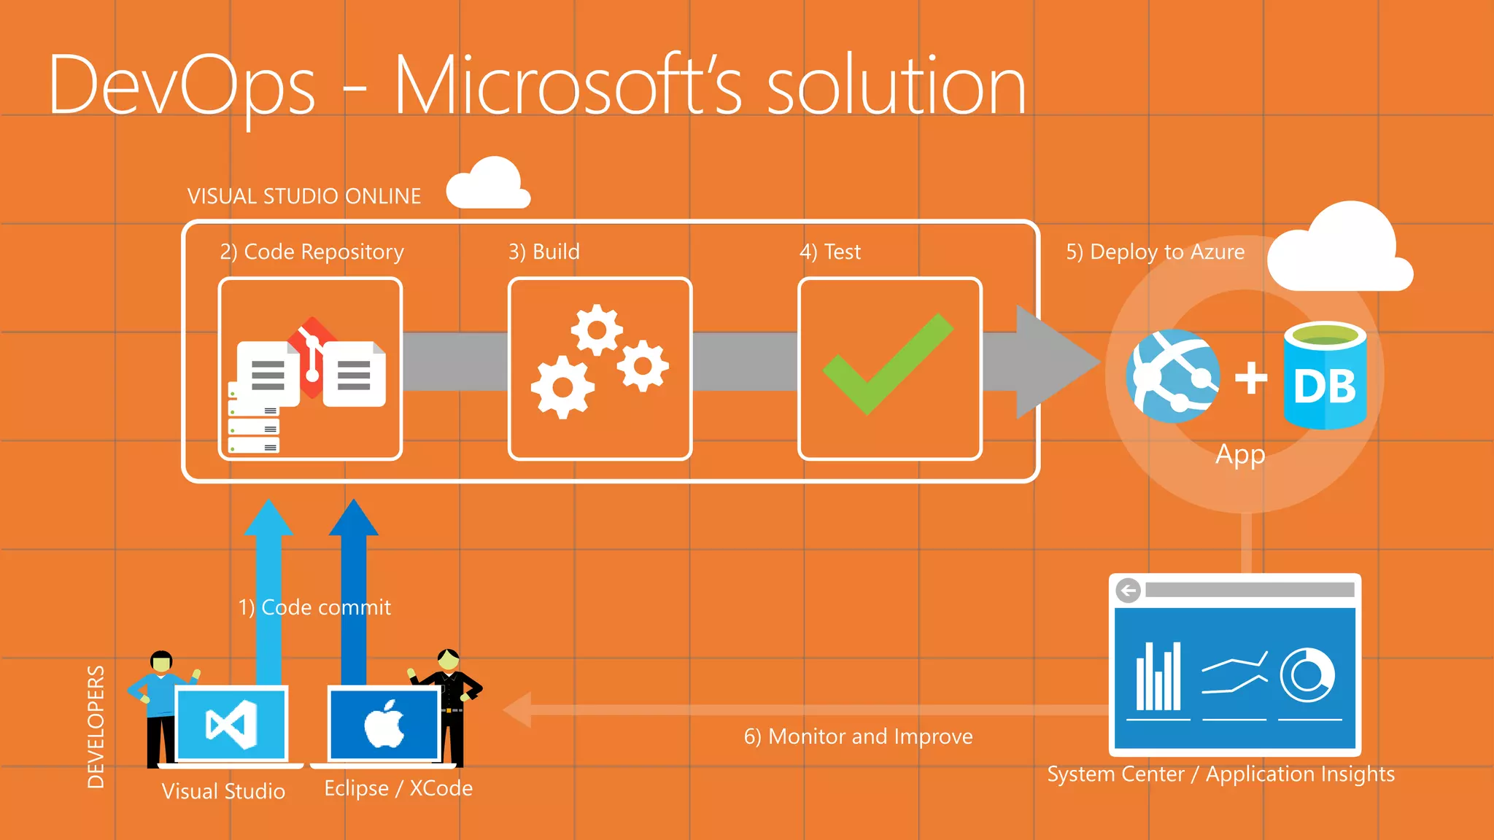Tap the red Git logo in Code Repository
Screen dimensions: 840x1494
coord(312,357)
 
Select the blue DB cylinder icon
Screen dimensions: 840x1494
coord(1324,376)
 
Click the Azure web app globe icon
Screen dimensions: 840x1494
coord(1172,376)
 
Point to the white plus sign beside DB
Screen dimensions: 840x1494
coord(1250,378)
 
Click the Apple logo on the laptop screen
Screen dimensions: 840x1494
coord(384,725)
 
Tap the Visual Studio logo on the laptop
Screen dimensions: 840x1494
coord(231,725)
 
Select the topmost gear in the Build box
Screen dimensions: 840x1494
coord(597,330)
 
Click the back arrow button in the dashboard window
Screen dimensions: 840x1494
coord(1129,590)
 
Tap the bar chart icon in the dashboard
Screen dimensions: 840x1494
coord(1158,677)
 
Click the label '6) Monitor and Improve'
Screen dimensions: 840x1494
coord(858,736)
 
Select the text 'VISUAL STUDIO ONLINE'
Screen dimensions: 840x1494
coord(304,196)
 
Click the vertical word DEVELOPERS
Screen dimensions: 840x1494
coord(96,727)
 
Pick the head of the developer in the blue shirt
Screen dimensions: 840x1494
coord(161,662)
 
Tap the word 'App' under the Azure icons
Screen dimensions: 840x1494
coord(1240,454)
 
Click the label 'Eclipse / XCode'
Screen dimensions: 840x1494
coord(398,788)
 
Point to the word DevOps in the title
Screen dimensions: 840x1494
coord(182,86)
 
